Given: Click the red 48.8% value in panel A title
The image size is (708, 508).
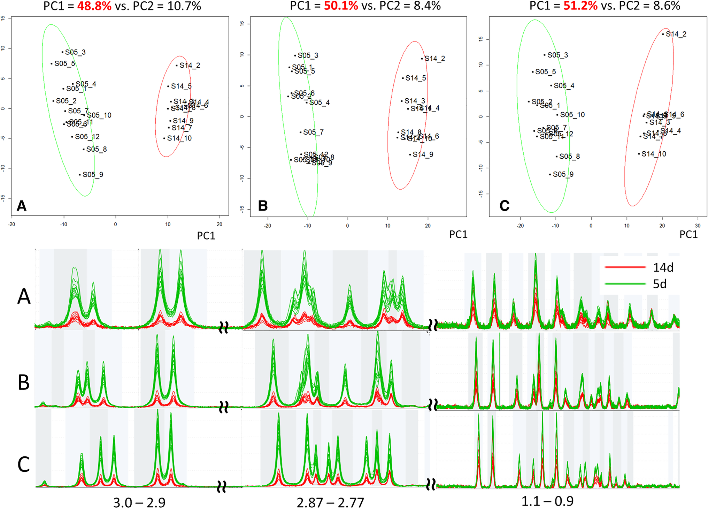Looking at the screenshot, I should point(94,6).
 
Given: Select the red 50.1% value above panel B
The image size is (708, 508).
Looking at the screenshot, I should point(341,6).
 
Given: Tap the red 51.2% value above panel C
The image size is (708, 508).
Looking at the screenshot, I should point(580,6).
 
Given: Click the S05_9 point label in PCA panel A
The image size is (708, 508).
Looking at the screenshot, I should point(93,175).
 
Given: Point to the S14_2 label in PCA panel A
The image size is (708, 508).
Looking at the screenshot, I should point(190,66).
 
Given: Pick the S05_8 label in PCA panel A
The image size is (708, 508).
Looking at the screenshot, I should point(96,149).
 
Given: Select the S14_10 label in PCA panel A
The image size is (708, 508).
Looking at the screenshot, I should point(179,138).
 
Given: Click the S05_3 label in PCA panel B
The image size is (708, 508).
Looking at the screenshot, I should point(308,55).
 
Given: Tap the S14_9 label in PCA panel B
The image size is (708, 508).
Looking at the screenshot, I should point(423,154).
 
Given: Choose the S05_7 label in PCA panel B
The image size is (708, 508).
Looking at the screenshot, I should point(313,132).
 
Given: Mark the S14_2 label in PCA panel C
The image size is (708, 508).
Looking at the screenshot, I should point(676,34).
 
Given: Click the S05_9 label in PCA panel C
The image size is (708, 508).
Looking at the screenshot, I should point(563,174).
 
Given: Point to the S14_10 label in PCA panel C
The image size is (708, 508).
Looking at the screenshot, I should point(654,154).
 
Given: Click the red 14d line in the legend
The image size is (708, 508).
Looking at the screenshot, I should point(625,267).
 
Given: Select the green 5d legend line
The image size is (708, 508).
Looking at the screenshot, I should point(625,284).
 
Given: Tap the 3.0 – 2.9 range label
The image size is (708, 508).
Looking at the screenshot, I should point(139,502).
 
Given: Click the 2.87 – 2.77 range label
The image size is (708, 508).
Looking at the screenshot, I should point(330,502).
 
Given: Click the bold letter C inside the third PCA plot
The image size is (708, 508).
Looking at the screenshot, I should point(504,206).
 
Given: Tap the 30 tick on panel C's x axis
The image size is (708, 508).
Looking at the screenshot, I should point(698,226).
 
